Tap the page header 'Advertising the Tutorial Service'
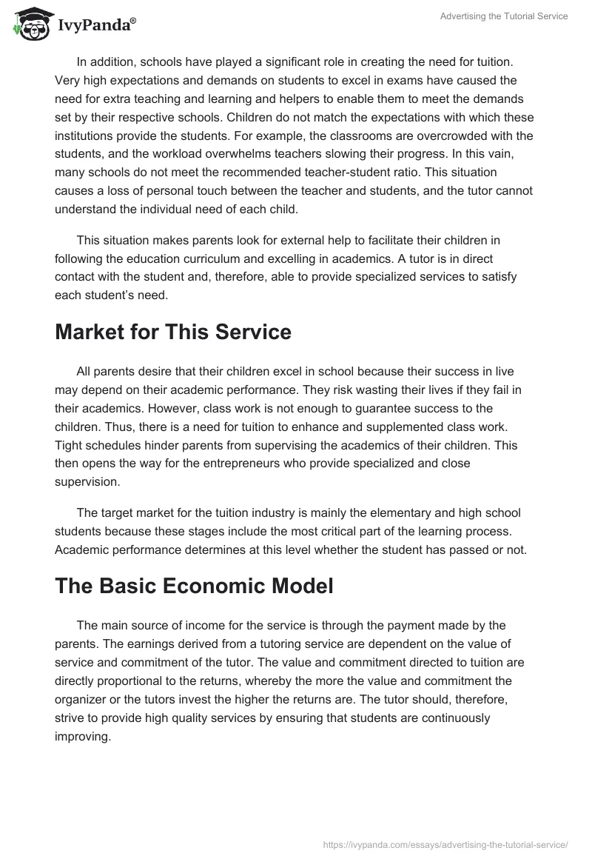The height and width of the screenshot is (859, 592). [x=503, y=16]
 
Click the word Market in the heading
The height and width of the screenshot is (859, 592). [x=92, y=332]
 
